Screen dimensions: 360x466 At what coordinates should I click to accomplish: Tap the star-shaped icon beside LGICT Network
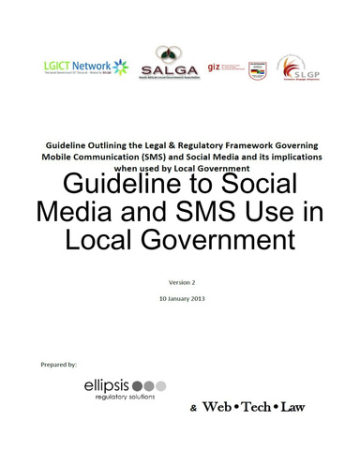(x=122, y=68)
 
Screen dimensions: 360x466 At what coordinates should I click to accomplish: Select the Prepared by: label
(x=60, y=362)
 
